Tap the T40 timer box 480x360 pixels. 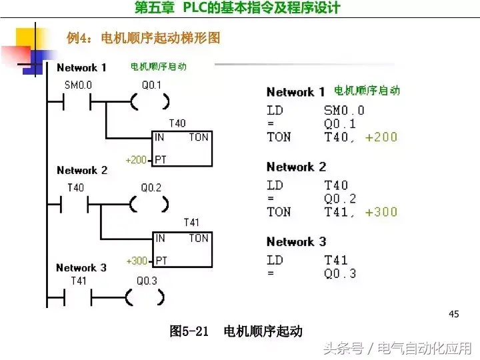click(x=182, y=149)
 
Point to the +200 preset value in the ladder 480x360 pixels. click(x=136, y=160)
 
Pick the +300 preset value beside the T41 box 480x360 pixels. click(x=136, y=261)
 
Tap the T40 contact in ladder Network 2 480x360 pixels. click(x=75, y=205)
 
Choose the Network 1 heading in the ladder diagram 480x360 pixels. click(x=81, y=67)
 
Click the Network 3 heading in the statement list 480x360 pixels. click(x=296, y=242)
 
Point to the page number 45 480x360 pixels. click(x=455, y=314)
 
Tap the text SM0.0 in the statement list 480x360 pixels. click(x=344, y=111)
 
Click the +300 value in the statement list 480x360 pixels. click(x=381, y=212)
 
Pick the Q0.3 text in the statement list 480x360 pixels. click(x=340, y=273)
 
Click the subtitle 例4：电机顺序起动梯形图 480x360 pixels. click(x=143, y=38)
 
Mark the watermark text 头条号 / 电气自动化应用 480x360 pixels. click(x=398, y=348)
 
